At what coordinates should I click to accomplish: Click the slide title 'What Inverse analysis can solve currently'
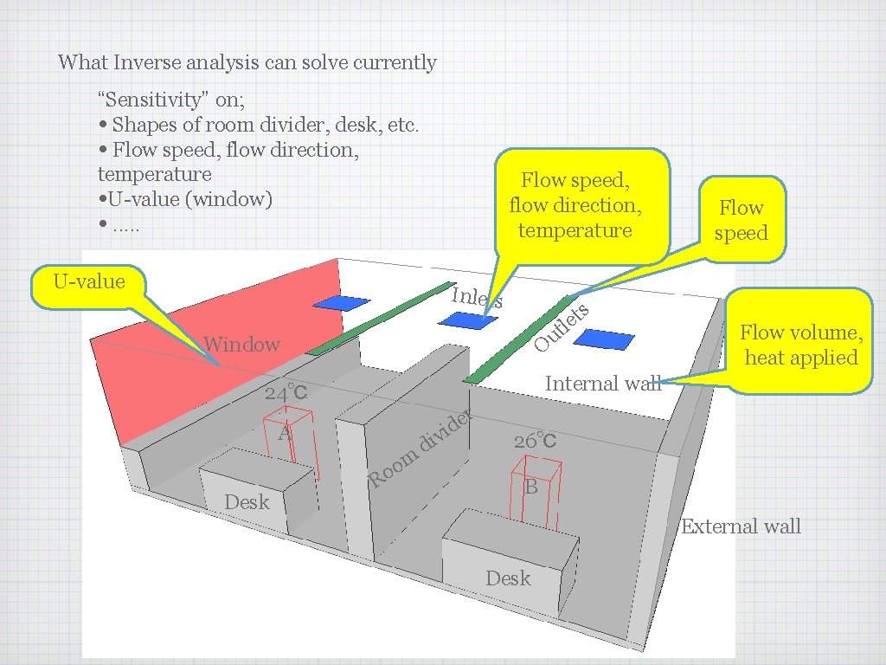point(247,62)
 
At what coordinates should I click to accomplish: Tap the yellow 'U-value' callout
point(88,282)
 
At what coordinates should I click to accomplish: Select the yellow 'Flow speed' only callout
point(742,220)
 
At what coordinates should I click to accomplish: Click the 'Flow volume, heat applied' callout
point(800,345)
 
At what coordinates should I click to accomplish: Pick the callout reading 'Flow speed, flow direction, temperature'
point(575,205)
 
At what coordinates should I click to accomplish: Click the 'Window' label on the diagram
point(241,345)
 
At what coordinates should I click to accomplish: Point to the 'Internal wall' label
point(602,383)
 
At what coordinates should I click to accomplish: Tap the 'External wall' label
point(741,526)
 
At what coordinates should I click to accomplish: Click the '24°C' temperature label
point(286,393)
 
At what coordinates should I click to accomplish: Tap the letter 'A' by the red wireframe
point(284,434)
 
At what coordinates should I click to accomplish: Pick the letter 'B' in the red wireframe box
point(531,487)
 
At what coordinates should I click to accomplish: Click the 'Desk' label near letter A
point(247,502)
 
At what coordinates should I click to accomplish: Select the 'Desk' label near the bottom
point(508,578)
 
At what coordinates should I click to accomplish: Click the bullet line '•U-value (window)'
point(185,199)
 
